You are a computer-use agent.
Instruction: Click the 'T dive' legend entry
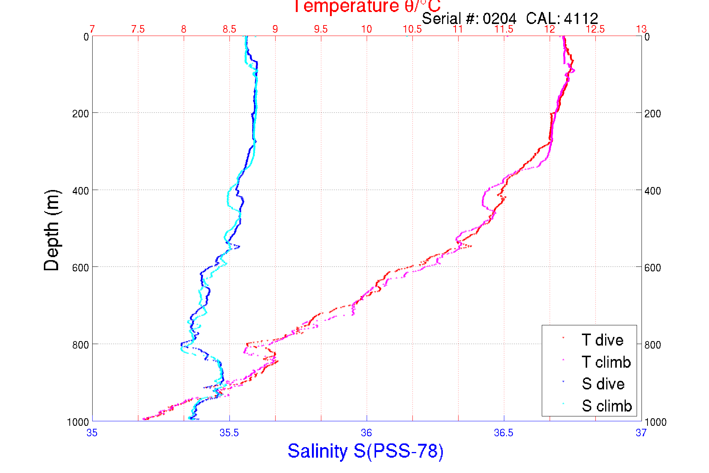click(602, 340)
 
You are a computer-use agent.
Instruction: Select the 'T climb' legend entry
click(606, 362)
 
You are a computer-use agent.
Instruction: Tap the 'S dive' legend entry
click(603, 384)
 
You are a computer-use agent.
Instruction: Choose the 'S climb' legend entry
click(607, 406)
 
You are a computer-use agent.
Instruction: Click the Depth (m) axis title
click(52, 231)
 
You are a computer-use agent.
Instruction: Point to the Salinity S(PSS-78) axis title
click(366, 451)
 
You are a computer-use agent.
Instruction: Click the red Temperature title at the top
click(367, 7)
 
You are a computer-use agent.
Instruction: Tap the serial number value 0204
click(499, 18)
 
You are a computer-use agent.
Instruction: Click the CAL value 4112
click(581, 18)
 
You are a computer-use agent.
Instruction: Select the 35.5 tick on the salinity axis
click(229, 433)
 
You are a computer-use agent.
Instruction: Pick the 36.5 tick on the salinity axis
click(504, 433)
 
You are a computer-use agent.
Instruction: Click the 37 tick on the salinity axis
click(641, 433)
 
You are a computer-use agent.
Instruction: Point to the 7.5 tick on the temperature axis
click(138, 29)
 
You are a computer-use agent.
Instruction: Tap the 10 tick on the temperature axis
click(366, 29)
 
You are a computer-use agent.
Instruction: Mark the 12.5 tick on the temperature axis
click(595, 29)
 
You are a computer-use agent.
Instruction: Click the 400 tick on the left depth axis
click(80, 191)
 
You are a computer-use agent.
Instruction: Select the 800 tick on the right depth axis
click(652, 345)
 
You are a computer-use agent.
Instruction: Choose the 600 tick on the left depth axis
click(80, 268)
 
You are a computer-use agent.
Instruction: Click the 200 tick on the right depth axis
click(652, 114)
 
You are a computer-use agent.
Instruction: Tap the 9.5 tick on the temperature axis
click(321, 29)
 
